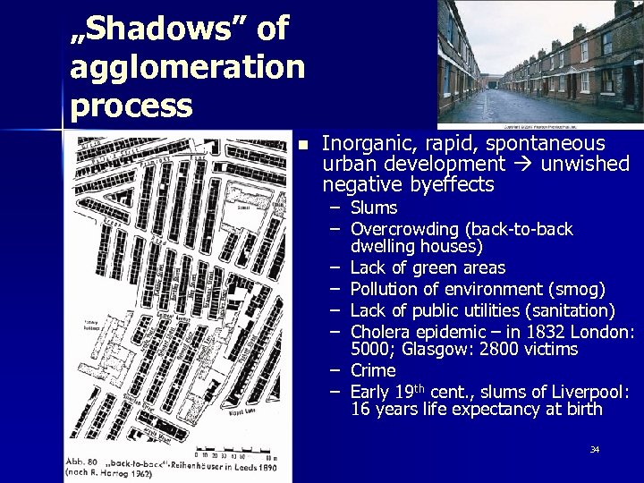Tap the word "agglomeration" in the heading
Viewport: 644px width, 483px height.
(x=187, y=67)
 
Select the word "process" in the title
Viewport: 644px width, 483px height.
(x=131, y=106)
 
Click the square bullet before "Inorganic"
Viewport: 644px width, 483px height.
(x=303, y=145)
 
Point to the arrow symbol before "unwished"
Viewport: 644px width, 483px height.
(x=525, y=165)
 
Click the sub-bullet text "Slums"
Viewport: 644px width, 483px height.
(x=374, y=208)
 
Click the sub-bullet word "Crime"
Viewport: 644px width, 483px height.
(x=373, y=370)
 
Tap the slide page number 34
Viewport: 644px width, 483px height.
(x=594, y=449)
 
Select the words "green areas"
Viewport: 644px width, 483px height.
(x=463, y=267)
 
